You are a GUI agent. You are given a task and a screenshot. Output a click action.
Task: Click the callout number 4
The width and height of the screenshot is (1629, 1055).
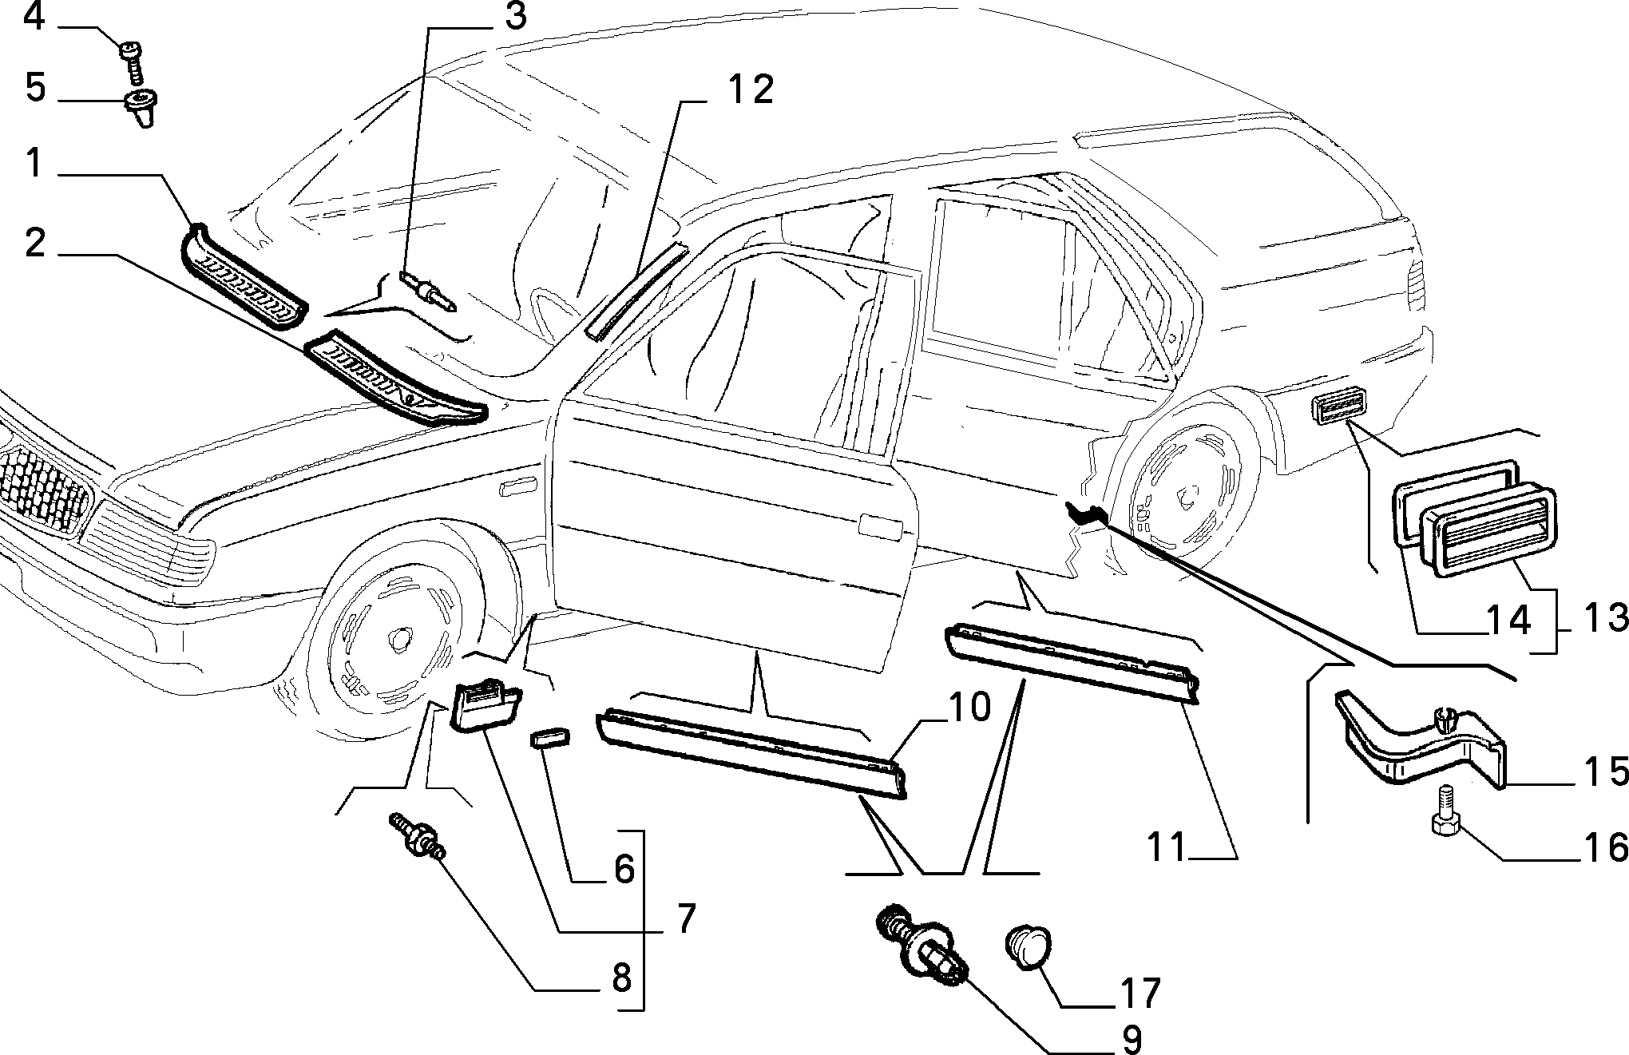(x=34, y=18)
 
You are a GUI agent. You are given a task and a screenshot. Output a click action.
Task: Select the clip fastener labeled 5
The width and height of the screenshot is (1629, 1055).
(x=141, y=109)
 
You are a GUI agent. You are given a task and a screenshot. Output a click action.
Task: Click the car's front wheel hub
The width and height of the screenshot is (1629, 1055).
(x=396, y=637)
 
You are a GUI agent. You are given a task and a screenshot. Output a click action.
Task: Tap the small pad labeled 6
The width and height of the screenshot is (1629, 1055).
(x=550, y=735)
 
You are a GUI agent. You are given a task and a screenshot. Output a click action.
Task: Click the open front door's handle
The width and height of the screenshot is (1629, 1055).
(x=880, y=527)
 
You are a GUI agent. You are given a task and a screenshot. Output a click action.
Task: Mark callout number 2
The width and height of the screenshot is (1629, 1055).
(x=34, y=242)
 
